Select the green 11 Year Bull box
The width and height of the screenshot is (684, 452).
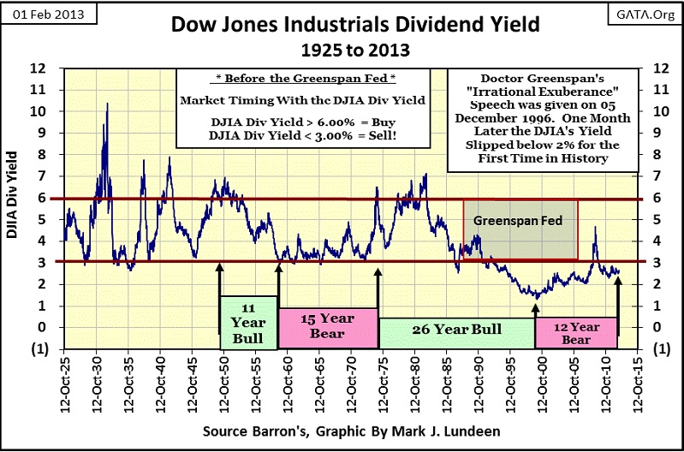(x=249, y=321)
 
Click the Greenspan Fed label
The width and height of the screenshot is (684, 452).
(x=520, y=219)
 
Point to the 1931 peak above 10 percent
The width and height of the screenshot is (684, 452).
(x=107, y=104)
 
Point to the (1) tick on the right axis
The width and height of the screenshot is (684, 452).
(x=661, y=348)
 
